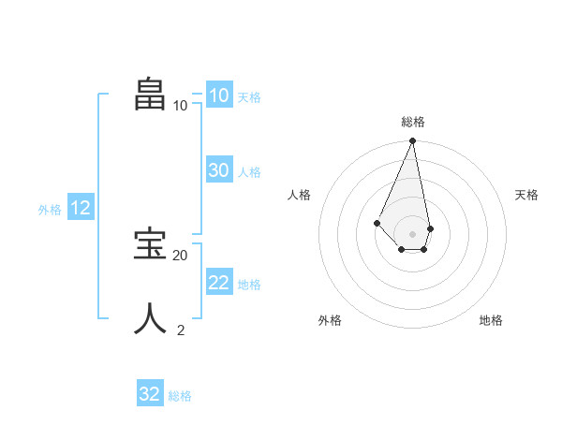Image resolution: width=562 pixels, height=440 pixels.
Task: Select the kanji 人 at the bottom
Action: [151, 318]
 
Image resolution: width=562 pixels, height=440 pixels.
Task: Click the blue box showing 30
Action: [218, 170]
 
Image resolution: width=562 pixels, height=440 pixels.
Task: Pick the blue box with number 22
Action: [218, 283]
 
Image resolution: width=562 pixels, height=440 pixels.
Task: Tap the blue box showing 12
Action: [80, 209]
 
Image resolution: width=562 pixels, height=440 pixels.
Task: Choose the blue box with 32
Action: [150, 394]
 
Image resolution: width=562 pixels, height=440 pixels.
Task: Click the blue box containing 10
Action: [218, 95]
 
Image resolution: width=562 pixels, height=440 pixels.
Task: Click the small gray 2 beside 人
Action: [181, 330]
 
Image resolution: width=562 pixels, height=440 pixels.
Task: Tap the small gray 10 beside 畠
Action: [180, 105]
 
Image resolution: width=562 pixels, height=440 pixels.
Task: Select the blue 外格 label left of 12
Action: [50, 210]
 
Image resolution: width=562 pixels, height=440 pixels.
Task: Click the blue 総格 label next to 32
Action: [180, 396]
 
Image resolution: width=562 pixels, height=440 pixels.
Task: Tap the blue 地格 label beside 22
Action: [249, 285]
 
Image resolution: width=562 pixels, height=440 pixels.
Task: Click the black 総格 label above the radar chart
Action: [413, 122]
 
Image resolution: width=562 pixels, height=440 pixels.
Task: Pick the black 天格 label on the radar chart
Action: [526, 195]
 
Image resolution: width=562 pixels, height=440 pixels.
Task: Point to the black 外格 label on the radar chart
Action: [330, 320]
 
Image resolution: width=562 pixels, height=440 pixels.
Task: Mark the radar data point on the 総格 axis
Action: [413, 141]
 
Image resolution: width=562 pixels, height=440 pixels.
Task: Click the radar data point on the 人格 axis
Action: [377, 223]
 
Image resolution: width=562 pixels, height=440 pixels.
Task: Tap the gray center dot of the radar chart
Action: [413, 234]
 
